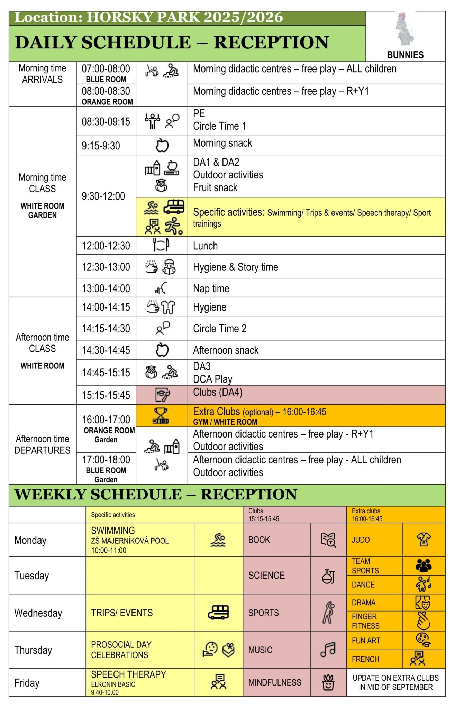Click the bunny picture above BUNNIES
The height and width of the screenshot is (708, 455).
[x=404, y=30]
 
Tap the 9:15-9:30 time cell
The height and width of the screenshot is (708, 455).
[x=101, y=146]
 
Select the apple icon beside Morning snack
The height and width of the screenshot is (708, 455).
[x=162, y=145]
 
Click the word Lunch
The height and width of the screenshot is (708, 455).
[x=205, y=246]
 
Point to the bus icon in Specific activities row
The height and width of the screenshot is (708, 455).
[x=174, y=206]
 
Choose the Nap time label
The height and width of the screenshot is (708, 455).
[x=211, y=288]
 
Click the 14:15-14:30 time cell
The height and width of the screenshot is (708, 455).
[x=106, y=328]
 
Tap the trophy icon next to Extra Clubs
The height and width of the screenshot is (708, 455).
[x=161, y=416]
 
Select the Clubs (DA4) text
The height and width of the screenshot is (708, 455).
[x=218, y=392]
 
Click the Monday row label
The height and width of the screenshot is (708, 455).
[x=30, y=540]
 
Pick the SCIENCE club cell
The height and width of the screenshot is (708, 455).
[x=266, y=575]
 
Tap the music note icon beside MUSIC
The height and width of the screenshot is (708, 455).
[x=328, y=650]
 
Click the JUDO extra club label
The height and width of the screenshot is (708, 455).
[x=361, y=540]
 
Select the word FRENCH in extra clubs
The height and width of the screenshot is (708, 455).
[x=365, y=659]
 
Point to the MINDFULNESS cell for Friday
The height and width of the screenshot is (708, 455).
[x=275, y=682]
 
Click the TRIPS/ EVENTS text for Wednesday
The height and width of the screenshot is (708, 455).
[x=122, y=613]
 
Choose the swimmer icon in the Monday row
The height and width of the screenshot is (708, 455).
[x=218, y=540]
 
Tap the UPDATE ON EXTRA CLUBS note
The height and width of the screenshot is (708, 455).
[x=395, y=682]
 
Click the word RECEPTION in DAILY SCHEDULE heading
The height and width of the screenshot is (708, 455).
[x=271, y=43]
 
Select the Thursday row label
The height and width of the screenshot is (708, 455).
[x=33, y=650]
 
